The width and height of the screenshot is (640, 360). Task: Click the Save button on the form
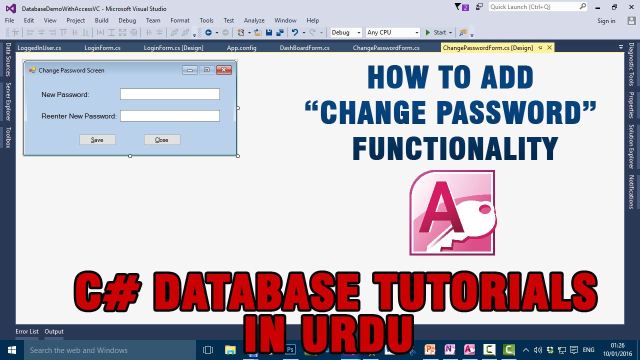tap(97, 140)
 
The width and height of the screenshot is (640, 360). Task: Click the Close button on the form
tap(162, 140)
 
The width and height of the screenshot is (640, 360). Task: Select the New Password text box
tap(170, 94)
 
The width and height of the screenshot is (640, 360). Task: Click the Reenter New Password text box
tap(170, 116)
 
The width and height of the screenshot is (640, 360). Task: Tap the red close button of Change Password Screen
tap(223, 70)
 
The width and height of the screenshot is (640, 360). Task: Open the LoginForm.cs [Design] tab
tap(173, 48)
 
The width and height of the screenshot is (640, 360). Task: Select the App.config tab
tap(241, 48)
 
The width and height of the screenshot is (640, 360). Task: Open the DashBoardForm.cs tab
tap(304, 48)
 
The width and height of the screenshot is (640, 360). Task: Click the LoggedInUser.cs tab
tap(39, 48)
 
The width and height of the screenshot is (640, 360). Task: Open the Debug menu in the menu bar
tap(127, 20)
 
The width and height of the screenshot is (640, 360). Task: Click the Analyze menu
tap(254, 20)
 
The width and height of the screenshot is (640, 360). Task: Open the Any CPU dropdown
tap(392, 32)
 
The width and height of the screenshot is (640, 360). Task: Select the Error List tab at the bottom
tap(27, 331)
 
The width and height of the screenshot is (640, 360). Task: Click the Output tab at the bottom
tap(54, 331)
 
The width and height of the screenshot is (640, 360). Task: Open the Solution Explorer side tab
tap(631, 146)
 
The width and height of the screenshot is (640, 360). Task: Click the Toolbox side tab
tap(8, 137)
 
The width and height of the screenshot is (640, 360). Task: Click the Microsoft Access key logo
tap(452, 212)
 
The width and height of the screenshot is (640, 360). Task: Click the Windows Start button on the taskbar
tap(11, 350)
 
